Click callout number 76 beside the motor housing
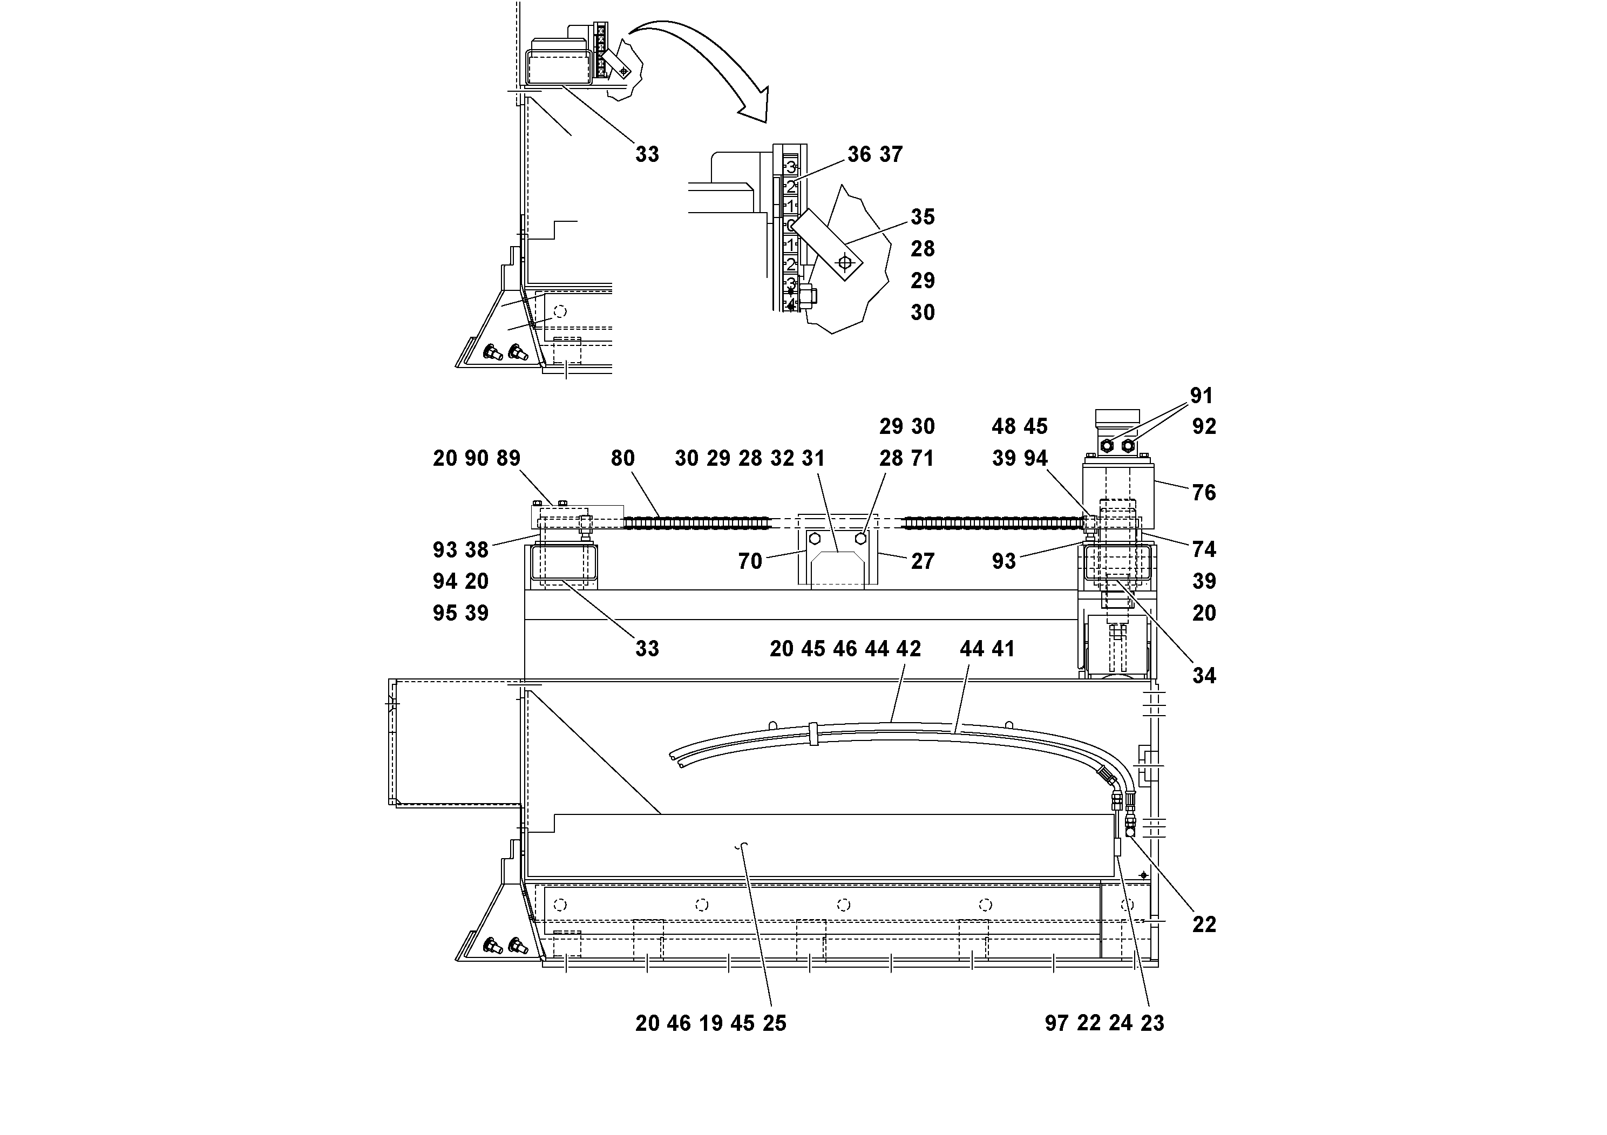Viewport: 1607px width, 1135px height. click(x=1203, y=493)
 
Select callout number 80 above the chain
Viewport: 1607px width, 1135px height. click(x=622, y=458)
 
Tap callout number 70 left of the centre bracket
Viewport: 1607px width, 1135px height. click(x=750, y=561)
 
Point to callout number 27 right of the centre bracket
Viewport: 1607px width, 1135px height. click(x=923, y=561)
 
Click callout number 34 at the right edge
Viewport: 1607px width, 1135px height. click(x=1203, y=675)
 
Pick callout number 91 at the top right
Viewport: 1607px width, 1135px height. click(x=1201, y=396)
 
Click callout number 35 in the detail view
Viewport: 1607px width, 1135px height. click(x=923, y=217)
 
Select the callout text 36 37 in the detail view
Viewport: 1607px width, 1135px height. click(x=875, y=154)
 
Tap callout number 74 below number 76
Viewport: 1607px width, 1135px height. click(x=1203, y=549)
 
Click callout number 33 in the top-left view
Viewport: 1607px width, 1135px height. click(x=647, y=154)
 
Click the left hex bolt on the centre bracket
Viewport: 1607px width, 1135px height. click(x=815, y=539)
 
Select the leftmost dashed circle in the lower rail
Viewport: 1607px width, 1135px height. click(x=559, y=905)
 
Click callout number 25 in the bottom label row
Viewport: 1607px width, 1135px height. click(x=774, y=1024)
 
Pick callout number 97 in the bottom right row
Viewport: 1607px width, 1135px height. click(x=1056, y=1024)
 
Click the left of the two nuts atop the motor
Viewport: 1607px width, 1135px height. click(x=1107, y=446)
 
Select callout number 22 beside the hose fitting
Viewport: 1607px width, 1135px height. click(x=1203, y=925)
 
